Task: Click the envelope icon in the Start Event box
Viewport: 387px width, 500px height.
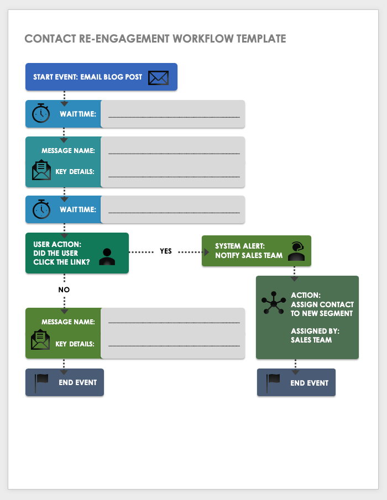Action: click(158, 77)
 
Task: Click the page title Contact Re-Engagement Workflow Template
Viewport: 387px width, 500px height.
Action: click(155, 39)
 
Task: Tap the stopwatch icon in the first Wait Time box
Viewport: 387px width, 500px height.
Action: click(41, 114)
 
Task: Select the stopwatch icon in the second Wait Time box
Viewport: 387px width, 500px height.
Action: click(41, 209)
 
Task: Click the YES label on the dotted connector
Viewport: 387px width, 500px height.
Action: click(166, 251)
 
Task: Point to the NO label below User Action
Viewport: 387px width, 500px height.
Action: click(64, 289)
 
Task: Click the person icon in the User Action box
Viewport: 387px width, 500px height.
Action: click(107, 256)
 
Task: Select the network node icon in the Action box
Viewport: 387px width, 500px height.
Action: click(273, 303)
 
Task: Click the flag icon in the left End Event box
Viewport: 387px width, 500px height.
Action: click(42, 382)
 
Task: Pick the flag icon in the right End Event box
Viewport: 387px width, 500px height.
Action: click(274, 382)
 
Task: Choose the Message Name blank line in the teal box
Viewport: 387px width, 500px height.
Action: click(174, 152)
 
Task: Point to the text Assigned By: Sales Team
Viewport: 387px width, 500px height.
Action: click(315, 335)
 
